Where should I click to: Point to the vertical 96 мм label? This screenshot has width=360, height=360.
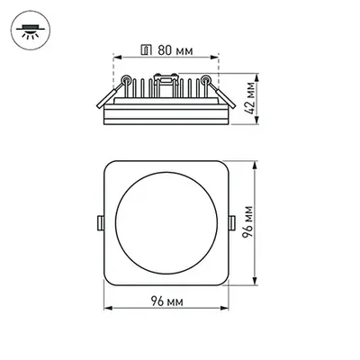coord(256,220)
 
